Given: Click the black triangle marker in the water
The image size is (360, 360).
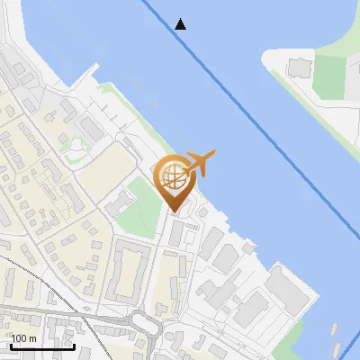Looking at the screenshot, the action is point(181,23).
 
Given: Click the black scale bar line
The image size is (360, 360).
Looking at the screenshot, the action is point(41,346).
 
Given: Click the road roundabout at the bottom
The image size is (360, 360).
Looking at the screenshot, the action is point(144,320).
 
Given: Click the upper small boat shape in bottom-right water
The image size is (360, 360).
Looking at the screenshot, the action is point(335,329).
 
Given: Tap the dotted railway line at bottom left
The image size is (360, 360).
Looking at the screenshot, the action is point(36,279).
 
